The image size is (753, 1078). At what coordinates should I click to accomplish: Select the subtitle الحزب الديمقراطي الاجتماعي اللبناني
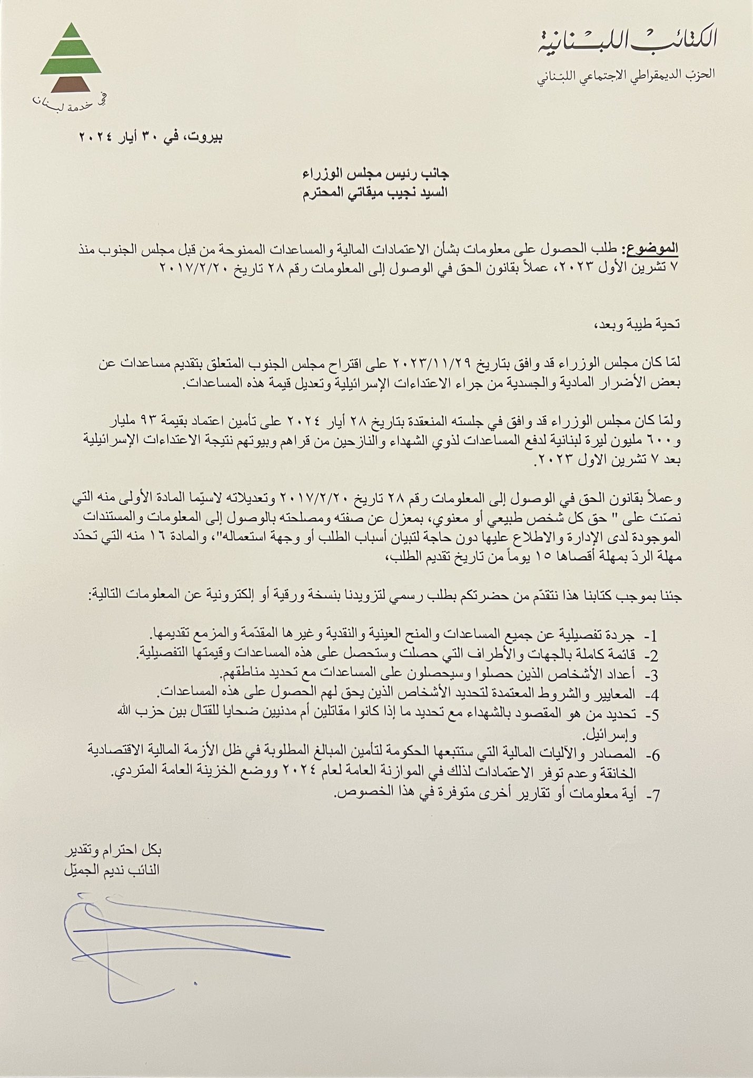[x=626, y=74]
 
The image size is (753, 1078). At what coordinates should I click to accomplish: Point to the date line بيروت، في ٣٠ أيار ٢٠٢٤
[x=151, y=137]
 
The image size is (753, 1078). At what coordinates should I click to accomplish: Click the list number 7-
[x=651, y=796]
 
